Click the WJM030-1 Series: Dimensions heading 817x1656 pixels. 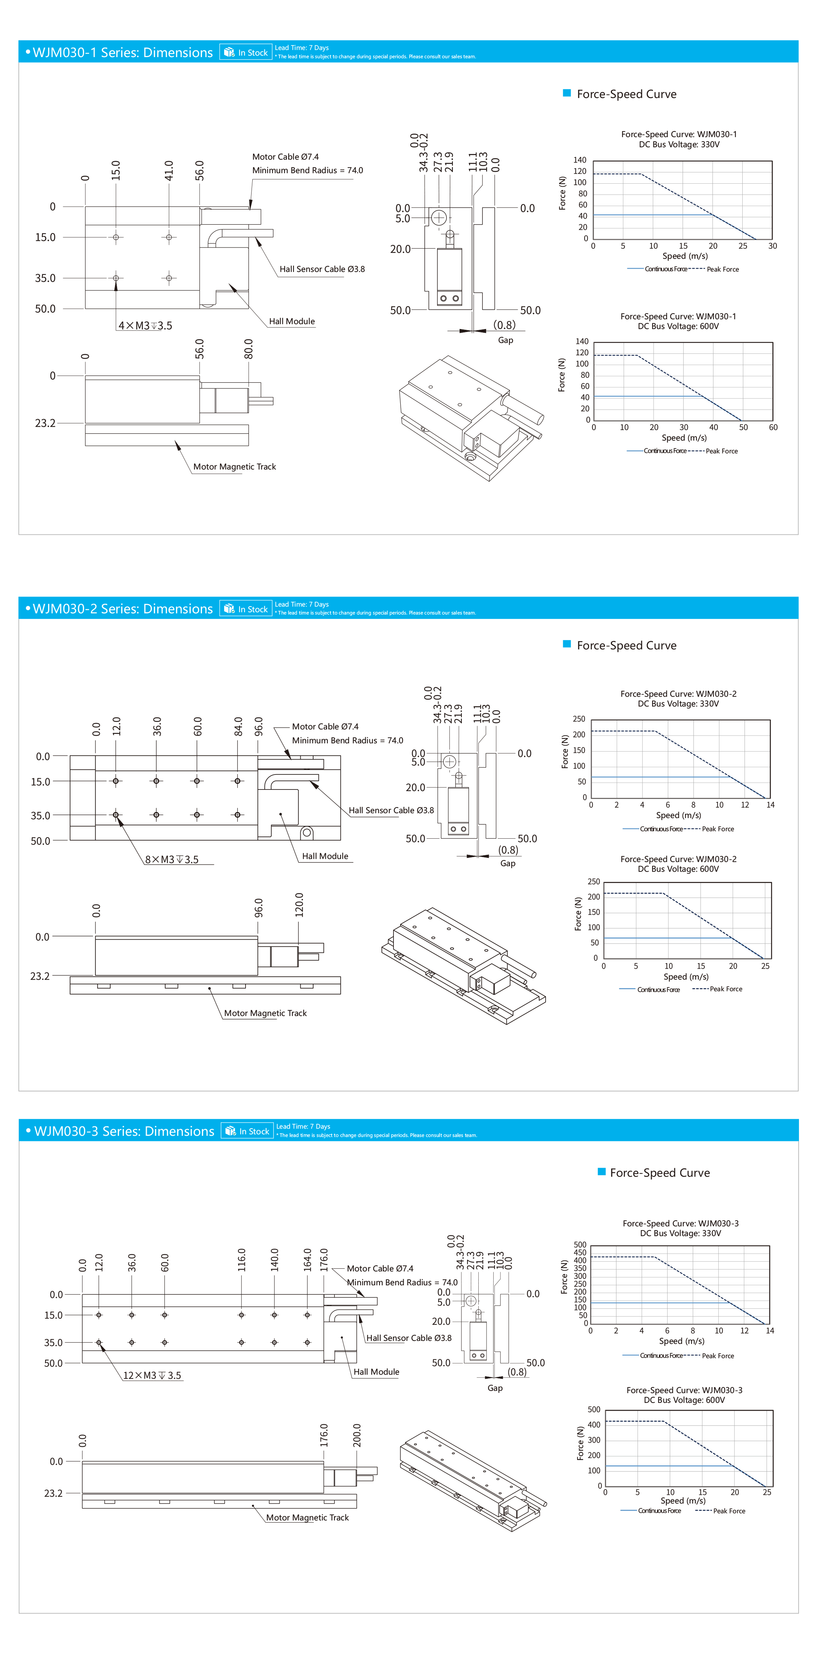point(122,53)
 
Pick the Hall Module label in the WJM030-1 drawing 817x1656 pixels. point(292,322)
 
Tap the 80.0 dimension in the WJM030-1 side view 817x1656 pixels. point(249,349)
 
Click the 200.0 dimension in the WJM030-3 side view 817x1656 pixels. point(357,1435)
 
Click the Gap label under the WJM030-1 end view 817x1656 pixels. point(505,340)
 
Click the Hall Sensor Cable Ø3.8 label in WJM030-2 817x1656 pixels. point(391,811)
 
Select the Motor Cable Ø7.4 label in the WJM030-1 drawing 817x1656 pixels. point(285,157)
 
